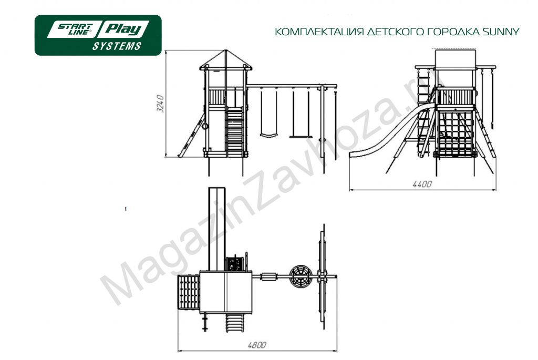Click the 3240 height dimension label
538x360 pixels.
click(160, 104)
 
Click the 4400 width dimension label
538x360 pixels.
click(422, 184)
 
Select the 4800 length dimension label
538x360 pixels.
click(257, 345)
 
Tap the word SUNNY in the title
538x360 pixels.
click(501, 32)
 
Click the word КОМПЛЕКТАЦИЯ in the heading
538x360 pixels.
click(319, 32)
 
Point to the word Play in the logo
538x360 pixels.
click(124, 29)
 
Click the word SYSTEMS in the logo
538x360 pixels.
click(117, 46)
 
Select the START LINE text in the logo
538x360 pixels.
click(75, 29)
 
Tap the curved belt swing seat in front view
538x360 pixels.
click(268, 135)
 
